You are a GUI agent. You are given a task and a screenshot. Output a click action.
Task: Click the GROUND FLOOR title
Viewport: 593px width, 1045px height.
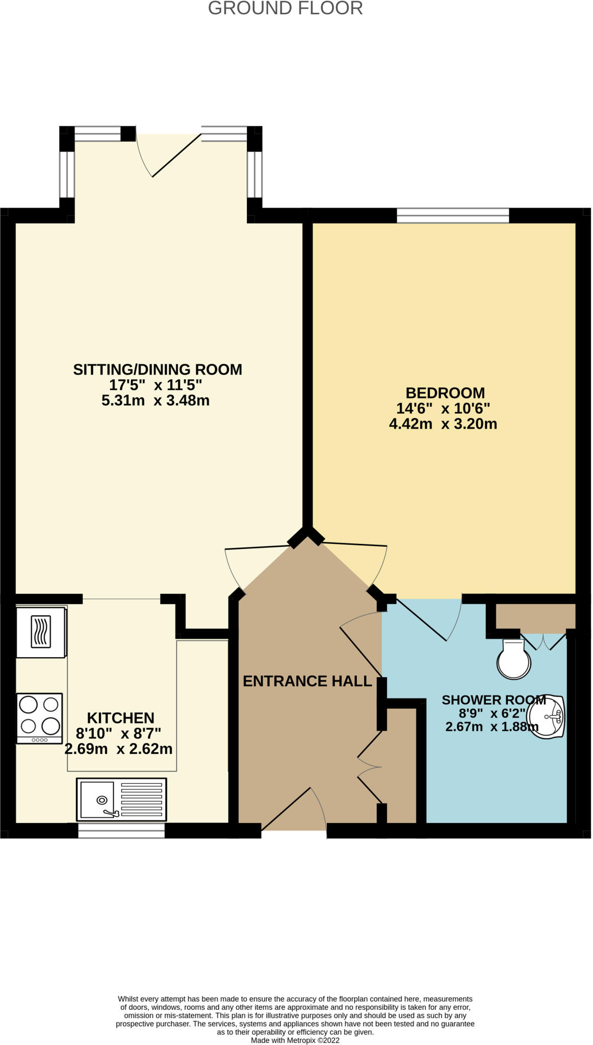[285, 9]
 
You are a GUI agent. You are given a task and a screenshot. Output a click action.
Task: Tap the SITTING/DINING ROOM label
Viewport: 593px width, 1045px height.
[158, 369]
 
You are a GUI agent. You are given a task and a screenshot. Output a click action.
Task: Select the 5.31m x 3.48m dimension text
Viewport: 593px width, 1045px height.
[156, 401]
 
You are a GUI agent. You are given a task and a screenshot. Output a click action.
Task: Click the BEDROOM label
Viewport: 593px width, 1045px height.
[445, 393]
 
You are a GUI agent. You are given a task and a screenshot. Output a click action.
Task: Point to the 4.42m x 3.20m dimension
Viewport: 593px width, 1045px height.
[443, 424]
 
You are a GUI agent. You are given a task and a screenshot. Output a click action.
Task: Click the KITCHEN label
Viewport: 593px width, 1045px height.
[120, 718]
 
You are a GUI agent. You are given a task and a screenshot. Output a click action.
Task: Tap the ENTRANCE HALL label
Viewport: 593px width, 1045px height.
[307, 681]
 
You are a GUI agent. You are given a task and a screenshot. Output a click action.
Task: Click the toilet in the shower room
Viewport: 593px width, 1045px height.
[514, 660]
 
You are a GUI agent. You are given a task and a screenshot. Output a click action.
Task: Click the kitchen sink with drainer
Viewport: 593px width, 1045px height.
[121, 799]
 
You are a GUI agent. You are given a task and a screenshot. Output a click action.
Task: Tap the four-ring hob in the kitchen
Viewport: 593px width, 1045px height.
[39, 717]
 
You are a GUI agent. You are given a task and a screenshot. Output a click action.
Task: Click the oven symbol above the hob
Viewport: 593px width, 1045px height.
[41, 632]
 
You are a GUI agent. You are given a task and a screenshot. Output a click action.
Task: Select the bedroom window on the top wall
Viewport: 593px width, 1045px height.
[453, 215]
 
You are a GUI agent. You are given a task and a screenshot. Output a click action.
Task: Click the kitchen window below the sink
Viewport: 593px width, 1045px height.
[121, 831]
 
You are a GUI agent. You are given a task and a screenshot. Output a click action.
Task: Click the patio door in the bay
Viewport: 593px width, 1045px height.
[168, 153]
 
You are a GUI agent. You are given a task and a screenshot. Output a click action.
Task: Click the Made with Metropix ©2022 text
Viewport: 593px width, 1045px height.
[295, 1040]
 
